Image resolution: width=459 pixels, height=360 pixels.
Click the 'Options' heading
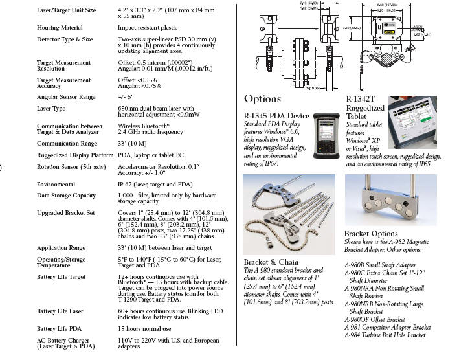[263, 99]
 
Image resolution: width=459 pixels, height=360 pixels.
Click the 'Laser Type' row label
[51, 108]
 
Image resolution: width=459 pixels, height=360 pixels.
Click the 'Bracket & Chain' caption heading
[271, 262]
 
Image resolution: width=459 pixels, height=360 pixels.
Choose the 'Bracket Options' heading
[371, 233]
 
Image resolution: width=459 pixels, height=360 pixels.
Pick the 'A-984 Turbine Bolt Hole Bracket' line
[385, 335]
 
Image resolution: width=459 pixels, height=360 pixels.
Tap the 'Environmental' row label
[56, 184]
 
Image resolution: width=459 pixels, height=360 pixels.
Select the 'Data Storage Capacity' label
[67, 195]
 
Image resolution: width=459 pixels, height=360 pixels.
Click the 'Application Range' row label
[61, 247]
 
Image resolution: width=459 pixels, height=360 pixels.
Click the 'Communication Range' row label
[67, 143]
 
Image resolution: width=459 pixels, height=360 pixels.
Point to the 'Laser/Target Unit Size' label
[66, 10]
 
